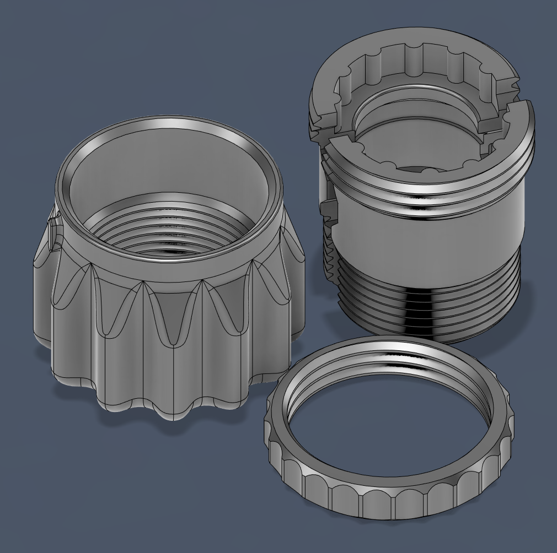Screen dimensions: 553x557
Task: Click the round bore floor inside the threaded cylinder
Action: (419, 154)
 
